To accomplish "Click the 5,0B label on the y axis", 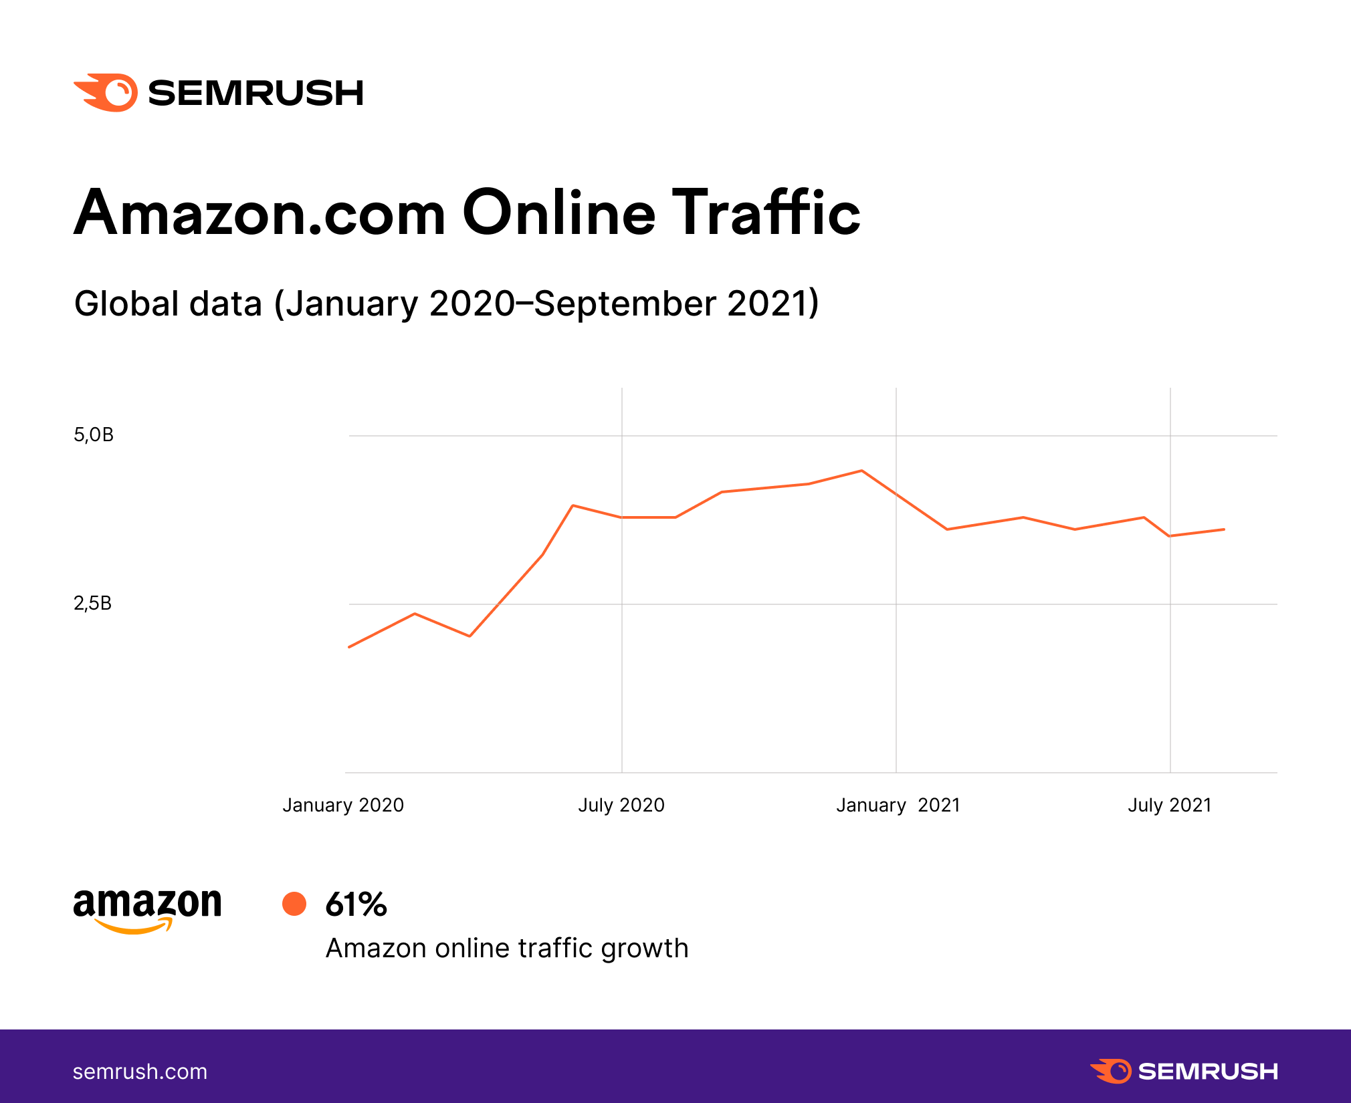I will pos(94,435).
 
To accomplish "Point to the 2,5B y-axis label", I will pos(93,604).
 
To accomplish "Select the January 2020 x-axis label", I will pos(343,805).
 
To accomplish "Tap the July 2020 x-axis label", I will pos(621,805).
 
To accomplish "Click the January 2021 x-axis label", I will pos(898,805).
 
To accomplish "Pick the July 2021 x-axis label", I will pos(1170,805).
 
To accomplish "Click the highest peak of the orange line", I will pos(862,471).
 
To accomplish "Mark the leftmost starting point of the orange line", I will pos(349,647).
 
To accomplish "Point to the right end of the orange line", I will pos(1224,529).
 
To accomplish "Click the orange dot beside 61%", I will pos(294,904).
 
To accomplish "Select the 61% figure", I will pos(356,904).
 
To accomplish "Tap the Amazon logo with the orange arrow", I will pos(147,910).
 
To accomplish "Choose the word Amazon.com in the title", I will pos(259,214).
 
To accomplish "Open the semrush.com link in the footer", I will pos(140,1072).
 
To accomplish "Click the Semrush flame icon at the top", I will pos(106,92).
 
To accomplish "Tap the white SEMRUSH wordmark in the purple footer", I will pos(1207,1071).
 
